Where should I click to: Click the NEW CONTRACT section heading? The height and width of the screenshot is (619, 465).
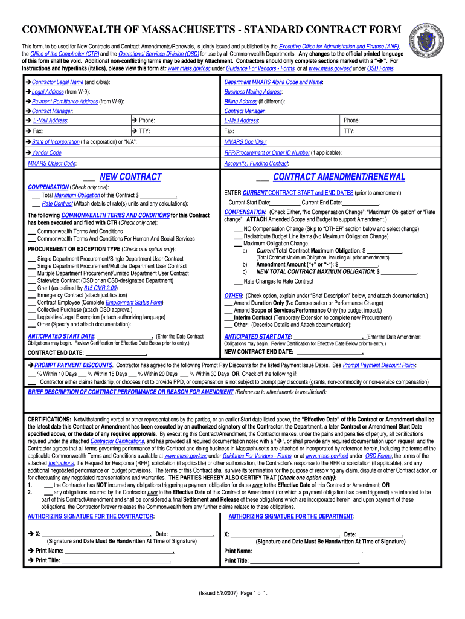(130, 177)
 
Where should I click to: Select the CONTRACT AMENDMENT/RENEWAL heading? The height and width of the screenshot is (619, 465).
(339, 177)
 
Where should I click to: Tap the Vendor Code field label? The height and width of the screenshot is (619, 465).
(46, 153)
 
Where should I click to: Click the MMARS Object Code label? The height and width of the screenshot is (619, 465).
(52, 163)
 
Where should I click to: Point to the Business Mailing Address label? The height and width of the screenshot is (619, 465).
(253, 92)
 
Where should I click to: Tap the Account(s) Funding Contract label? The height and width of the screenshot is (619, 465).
(256, 164)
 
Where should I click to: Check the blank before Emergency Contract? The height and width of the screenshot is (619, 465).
(32, 295)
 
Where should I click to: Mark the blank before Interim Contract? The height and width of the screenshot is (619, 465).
(229, 317)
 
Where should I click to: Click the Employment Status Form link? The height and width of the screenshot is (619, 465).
(134, 302)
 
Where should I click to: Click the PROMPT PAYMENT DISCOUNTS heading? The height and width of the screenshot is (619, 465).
(73, 366)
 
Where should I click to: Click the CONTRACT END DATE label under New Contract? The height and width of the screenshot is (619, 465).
(56, 352)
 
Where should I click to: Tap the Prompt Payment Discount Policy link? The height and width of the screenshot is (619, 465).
(379, 366)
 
